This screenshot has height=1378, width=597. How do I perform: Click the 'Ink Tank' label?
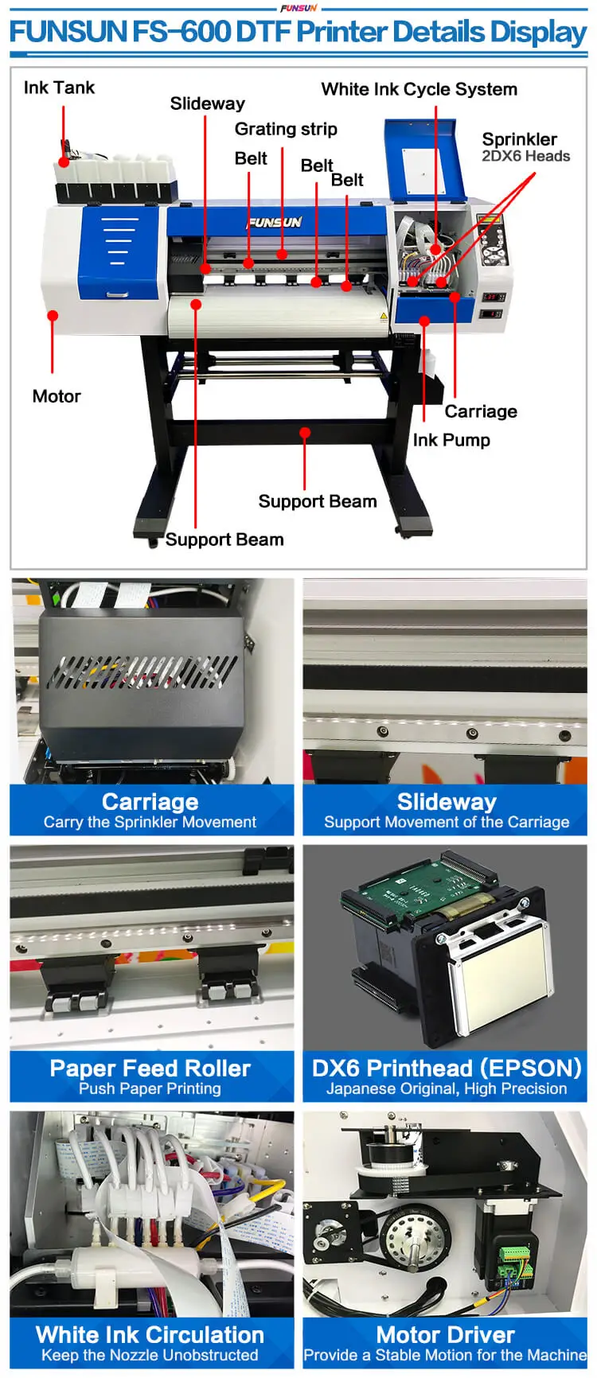[x=59, y=88]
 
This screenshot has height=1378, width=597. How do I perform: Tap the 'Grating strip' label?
[x=286, y=129]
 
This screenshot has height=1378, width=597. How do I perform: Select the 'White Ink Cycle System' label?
[x=419, y=89]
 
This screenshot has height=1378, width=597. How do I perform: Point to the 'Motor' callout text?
[x=57, y=396]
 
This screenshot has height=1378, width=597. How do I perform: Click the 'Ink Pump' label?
[x=451, y=440]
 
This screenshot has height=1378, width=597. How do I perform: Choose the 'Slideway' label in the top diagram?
[x=207, y=103]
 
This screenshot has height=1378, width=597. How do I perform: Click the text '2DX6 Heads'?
[x=525, y=156]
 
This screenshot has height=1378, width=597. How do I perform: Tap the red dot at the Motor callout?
[x=53, y=316]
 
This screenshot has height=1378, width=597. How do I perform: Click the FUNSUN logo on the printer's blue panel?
[x=275, y=222]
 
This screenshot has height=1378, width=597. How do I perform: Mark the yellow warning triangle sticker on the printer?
[x=384, y=316]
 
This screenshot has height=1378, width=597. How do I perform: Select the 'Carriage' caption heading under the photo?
[x=150, y=801]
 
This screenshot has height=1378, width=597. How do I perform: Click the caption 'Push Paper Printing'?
[x=150, y=1088]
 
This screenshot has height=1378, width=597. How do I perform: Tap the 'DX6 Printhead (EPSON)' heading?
[x=446, y=1068]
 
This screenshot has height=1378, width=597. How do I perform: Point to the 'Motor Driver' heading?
[x=445, y=1334]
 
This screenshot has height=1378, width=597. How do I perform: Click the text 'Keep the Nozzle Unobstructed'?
[x=150, y=1355]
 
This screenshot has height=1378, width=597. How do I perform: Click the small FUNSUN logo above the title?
[x=298, y=7]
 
